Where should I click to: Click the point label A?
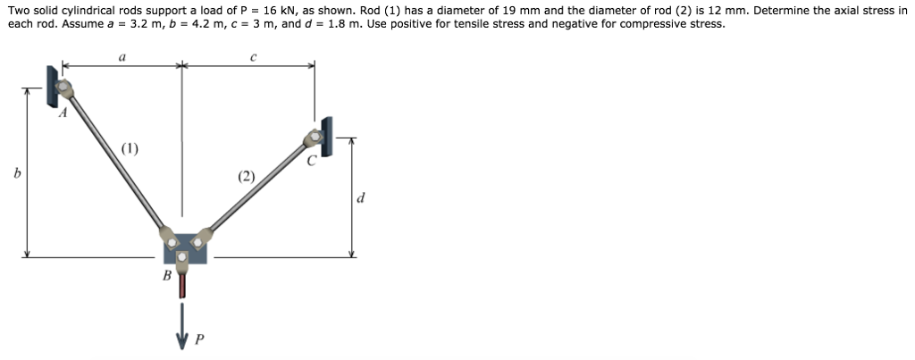(x=63, y=113)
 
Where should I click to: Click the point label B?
(x=166, y=275)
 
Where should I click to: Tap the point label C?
(x=312, y=162)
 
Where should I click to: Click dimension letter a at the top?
(x=122, y=55)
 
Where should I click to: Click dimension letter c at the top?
(x=254, y=55)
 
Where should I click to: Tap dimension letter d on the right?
(x=360, y=198)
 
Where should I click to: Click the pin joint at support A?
(x=64, y=88)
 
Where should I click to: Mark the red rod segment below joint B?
(x=184, y=284)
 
